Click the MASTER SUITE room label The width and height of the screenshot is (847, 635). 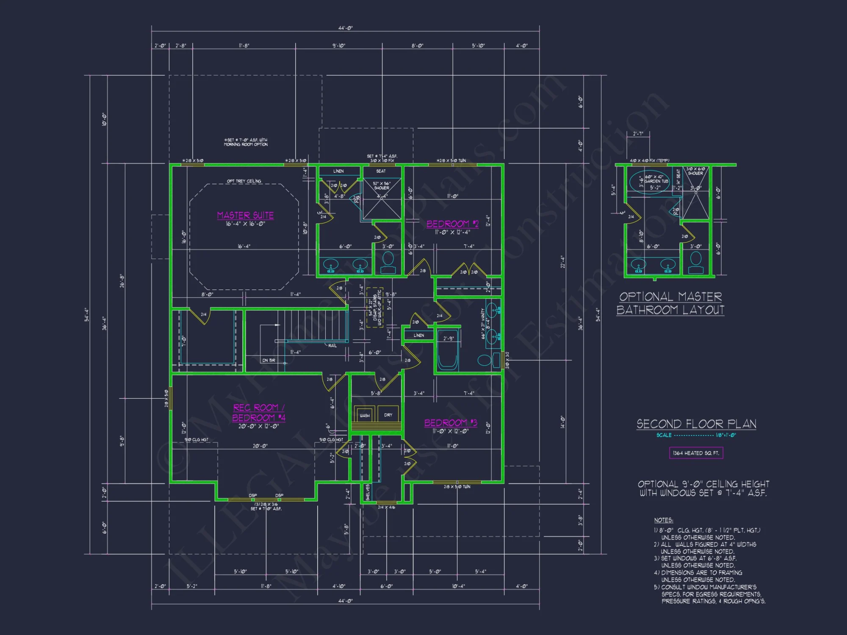(245, 215)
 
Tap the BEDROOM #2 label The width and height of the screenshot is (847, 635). (452, 224)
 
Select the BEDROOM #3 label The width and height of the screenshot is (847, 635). (451, 423)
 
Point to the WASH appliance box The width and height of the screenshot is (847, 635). (365, 415)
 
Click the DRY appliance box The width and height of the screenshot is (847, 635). (388, 415)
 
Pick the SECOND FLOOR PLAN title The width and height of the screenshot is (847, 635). (696, 424)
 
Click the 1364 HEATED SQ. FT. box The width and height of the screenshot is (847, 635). (696, 453)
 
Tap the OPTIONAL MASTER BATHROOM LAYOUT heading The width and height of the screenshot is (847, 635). (670, 303)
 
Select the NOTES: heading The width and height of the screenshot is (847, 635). (663, 520)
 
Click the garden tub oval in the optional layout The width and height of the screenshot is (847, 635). (643, 182)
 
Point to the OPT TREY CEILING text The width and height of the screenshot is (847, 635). (244, 181)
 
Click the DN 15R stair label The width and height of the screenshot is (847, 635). (268, 360)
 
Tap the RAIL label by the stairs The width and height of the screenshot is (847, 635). (332, 346)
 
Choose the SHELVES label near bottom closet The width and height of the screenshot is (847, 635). (367, 492)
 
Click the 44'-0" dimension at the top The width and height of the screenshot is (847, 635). (345, 28)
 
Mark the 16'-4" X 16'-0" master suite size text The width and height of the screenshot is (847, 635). (245, 224)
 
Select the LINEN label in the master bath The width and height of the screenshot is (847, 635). (338, 171)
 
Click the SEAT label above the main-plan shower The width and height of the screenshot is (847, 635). (381, 171)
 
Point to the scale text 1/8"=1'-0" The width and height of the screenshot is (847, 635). (725, 435)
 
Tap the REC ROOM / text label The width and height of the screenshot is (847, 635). (259, 408)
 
